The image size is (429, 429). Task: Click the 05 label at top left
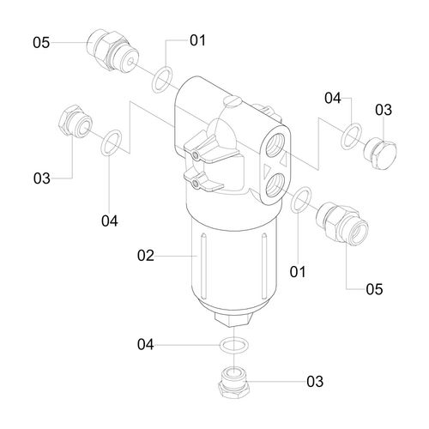point(41,43)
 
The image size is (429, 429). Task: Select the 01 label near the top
point(197,40)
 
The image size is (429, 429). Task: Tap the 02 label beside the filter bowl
point(146,256)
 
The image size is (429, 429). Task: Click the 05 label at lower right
point(374,289)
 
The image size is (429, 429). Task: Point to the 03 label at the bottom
point(315,381)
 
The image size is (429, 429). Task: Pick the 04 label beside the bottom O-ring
point(146,345)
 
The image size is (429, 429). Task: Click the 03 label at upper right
point(384,110)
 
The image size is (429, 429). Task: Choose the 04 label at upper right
point(333,98)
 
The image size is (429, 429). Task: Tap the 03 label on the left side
point(42,178)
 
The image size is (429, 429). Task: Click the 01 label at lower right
point(298,272)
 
